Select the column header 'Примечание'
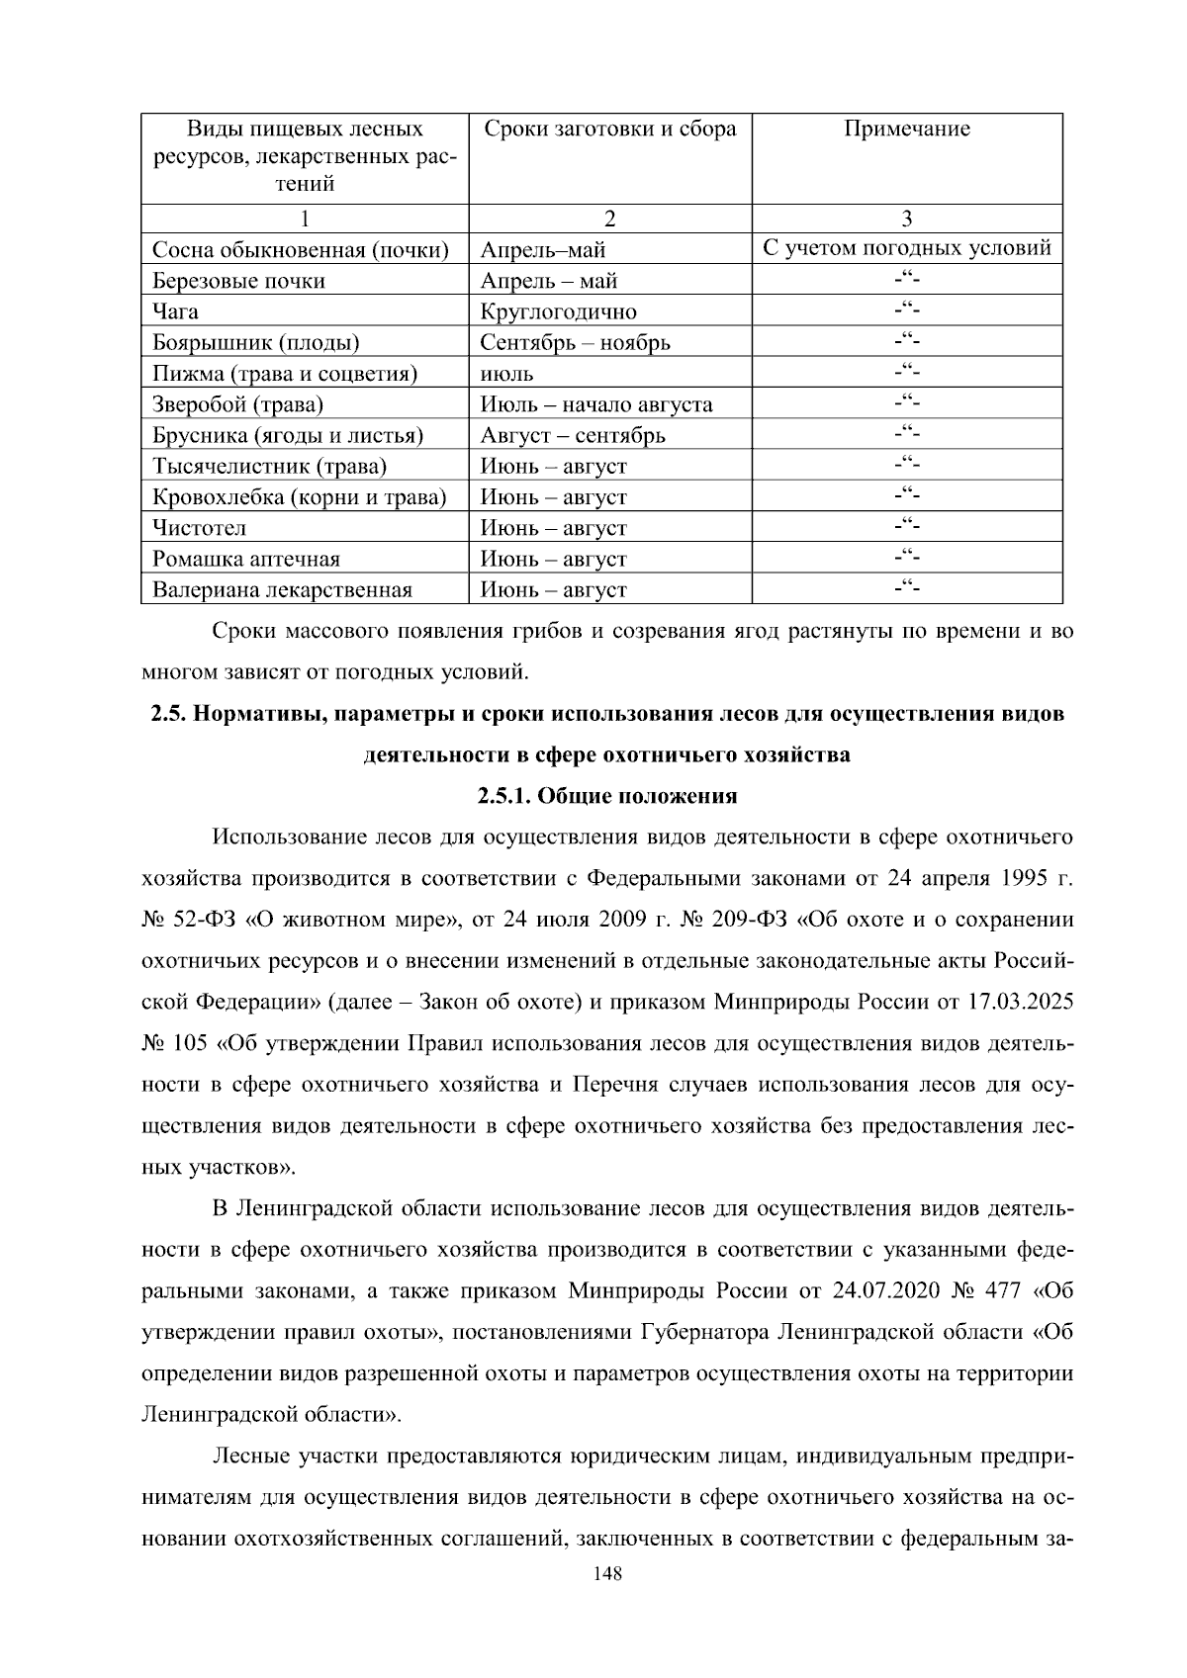[906, 130]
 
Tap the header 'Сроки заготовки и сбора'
[609, 130]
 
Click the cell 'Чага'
[175, 311]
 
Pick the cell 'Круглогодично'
[558, 311]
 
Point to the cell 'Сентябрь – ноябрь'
[575, 343]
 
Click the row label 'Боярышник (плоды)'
[255, 343]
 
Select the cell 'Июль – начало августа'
[595, 404]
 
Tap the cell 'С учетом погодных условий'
[906, 248]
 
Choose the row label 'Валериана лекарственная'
[282, 590]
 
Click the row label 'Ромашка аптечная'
[245, 559]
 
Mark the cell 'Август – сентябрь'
[573, 435]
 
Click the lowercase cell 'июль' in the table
[506, 374]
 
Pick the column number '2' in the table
[609, 219]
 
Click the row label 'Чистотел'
[199, 528]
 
